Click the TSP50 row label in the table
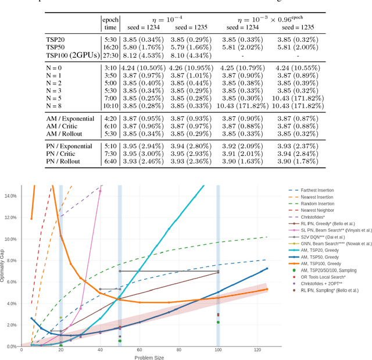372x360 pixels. pos(56,47)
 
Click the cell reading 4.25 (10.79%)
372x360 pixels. pos(245,67)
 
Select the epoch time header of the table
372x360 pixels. pos(110,23)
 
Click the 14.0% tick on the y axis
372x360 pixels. pos(11,196)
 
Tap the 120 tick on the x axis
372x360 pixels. pos(257,350)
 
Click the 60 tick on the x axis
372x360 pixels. pos(139,350)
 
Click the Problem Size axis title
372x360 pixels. pos(146,357)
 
